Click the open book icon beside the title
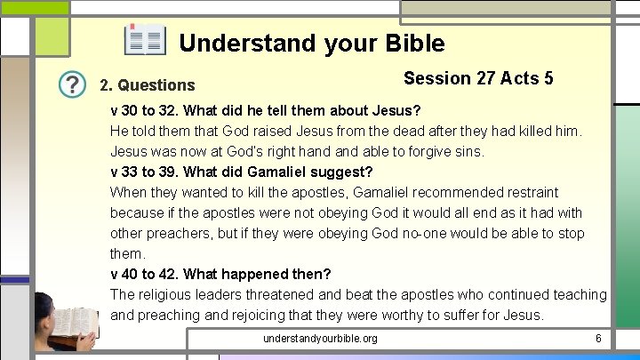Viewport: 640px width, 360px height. [145, 41]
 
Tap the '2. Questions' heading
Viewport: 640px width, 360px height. [148, 85]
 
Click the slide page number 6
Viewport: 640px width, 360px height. [598, 339]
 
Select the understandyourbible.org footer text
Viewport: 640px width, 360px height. [320, 339]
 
